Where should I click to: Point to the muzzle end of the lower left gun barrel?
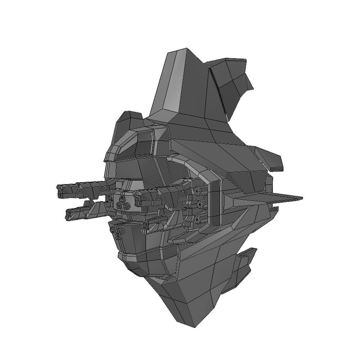67,214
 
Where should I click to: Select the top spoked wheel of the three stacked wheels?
198,190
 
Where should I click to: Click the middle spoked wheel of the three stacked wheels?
199,204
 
